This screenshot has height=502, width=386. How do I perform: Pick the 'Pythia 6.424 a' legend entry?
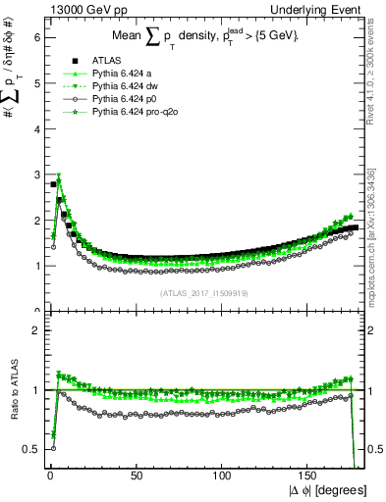click(123, 74)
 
